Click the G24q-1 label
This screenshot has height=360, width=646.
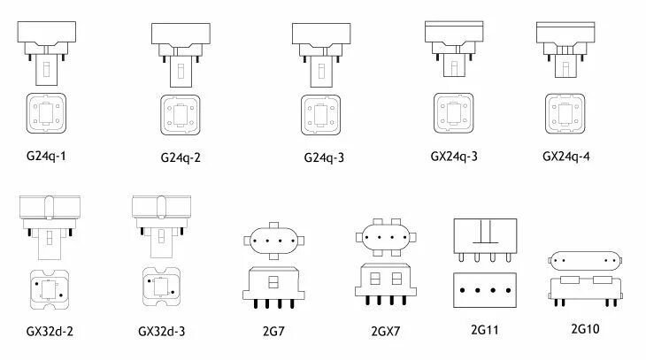click(47, 156)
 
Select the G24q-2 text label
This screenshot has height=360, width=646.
click(181, 157)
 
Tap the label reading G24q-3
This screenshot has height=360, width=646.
click(323, 157)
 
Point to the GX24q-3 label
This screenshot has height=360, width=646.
click(455, 157)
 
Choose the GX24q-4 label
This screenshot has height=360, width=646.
click(566, 157)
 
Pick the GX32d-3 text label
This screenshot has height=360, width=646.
click(162, 332)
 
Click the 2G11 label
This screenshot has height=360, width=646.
click(486, 330)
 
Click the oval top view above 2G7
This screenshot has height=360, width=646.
click(273, 240)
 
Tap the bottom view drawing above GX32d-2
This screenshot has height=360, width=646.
click(47, 287)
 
